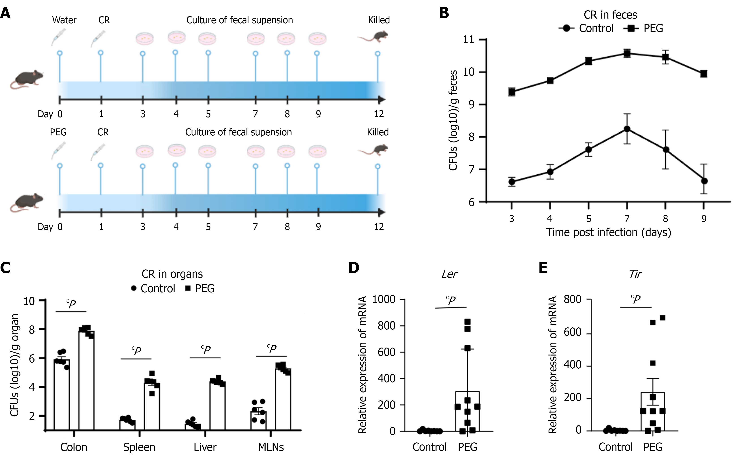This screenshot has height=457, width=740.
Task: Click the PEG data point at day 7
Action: [627, 53]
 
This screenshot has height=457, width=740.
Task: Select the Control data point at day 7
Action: [627, 129]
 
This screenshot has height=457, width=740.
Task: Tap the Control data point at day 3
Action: [512, 182]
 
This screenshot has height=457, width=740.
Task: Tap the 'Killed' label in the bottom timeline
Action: [378, 132]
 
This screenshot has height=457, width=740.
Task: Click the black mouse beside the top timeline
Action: [27, 79]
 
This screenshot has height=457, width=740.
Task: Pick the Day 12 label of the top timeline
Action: [379, 114]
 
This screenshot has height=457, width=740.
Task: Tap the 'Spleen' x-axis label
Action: [139, 447]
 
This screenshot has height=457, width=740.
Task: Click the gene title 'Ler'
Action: [449, 274]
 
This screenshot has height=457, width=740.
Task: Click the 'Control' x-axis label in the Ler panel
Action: [429, 447]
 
